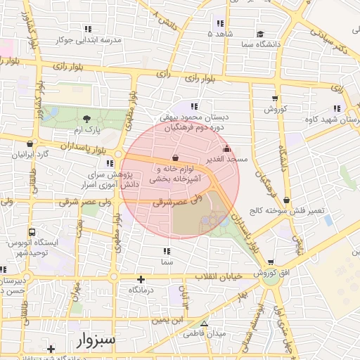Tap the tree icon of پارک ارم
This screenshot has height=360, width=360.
pyautogui.click(x=86, y=119)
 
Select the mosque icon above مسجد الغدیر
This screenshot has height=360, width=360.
pyautogui.click(x=226, y=149)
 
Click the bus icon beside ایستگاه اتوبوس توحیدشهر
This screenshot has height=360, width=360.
pyautogui.click(x=32, y=232)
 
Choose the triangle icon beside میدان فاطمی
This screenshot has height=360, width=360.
pyautogui.click(x=205, y=324)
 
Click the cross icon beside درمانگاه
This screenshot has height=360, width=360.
pyautogui.click(x=141, y=279)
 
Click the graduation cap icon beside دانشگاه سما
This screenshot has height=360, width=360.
pyautogui.click(x=260, y=34)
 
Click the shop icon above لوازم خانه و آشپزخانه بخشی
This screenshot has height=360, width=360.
pyautogui.click(x=174, y=157)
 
